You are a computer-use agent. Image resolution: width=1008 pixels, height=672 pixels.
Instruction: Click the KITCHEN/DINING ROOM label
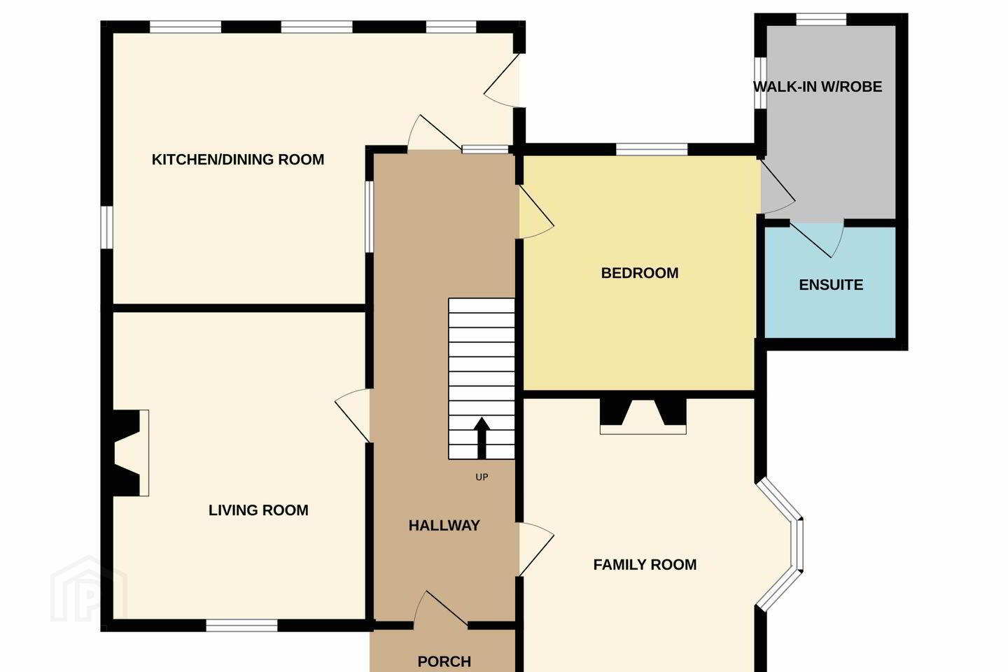(237, 160)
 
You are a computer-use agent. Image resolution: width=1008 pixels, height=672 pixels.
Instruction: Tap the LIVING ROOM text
(258, 510)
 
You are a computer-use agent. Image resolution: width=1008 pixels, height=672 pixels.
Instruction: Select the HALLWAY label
(444, 525)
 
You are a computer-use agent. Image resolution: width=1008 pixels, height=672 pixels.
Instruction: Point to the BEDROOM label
(640, 273)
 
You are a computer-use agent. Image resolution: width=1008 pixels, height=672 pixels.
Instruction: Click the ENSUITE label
(831, 284)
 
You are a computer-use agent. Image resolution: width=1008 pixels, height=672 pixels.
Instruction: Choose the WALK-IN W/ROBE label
(818, 86)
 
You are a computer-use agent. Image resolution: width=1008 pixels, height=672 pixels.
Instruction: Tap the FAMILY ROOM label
(645, 564)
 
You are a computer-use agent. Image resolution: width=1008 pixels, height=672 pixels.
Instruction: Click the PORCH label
(444, 661)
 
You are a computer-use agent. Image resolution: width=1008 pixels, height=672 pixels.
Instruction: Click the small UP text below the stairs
(482, 477)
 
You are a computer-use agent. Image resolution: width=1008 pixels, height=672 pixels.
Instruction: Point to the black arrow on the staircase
(482, 437)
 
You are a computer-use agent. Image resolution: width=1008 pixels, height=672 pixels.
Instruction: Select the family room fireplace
(643, 416)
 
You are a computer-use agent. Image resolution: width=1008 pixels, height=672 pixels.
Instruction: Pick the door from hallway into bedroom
(536, 211)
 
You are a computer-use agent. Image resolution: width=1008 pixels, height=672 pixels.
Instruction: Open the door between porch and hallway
(441, 608)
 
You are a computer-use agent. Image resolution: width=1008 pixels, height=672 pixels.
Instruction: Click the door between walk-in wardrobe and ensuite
(817, 239)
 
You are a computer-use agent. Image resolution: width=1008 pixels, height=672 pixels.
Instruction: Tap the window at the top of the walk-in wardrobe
(821, 20)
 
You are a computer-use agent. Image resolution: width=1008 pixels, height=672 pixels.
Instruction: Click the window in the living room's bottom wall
(241, 625)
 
